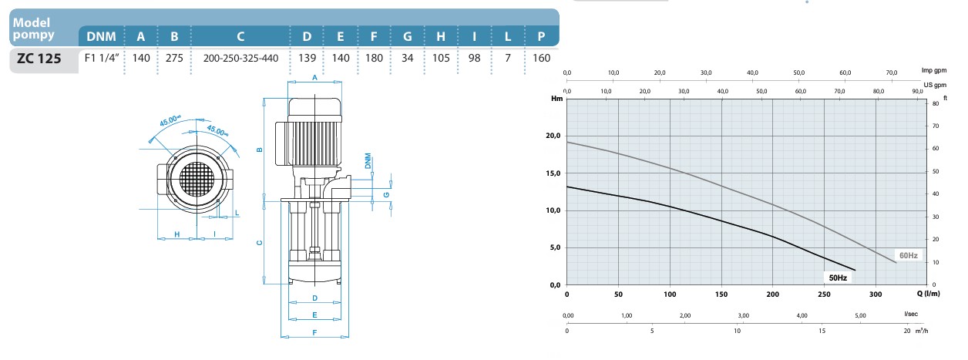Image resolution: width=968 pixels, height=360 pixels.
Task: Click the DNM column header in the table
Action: [101, 36]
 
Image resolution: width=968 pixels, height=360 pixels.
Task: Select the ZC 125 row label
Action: [39, 59]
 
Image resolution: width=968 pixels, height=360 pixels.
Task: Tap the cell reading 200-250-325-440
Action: [240, 59]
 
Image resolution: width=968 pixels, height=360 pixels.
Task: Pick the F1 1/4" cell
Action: [102, 58]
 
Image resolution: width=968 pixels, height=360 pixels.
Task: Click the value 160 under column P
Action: [542, 58]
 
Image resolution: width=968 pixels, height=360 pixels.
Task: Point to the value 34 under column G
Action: [407, 58]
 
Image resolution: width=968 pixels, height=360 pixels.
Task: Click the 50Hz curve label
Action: [838, 278]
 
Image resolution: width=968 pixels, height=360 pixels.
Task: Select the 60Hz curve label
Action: [909, 255]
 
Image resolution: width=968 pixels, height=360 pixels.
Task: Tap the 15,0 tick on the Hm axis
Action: [553, 173]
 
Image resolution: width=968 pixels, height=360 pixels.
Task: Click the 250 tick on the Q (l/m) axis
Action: [824, 294]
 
